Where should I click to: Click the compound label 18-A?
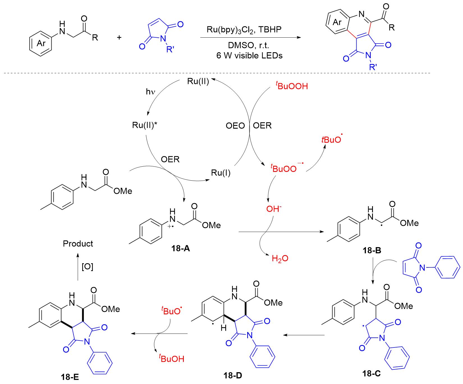180,248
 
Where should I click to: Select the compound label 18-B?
372,250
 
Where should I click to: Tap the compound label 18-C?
371,373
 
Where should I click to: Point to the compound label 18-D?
233,375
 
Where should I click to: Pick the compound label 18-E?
70,377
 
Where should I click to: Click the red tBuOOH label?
292,86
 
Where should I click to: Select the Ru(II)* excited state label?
145,125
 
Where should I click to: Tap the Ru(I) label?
221,173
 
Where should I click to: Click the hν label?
150,92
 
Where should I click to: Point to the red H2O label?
280,258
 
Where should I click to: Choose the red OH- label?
274,209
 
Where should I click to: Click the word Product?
78,244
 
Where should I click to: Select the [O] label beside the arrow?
87,266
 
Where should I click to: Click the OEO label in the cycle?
235,126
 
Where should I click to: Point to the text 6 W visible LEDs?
249,55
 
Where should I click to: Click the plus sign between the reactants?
119,37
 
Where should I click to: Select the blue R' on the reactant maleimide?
170,49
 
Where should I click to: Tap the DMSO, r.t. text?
248,45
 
